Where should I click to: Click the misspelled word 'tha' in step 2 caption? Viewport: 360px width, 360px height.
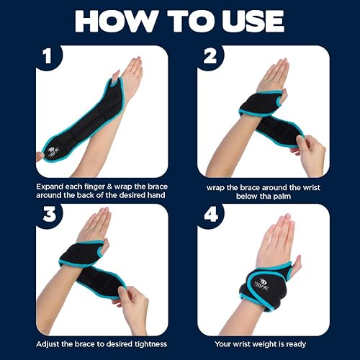(265, 197)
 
